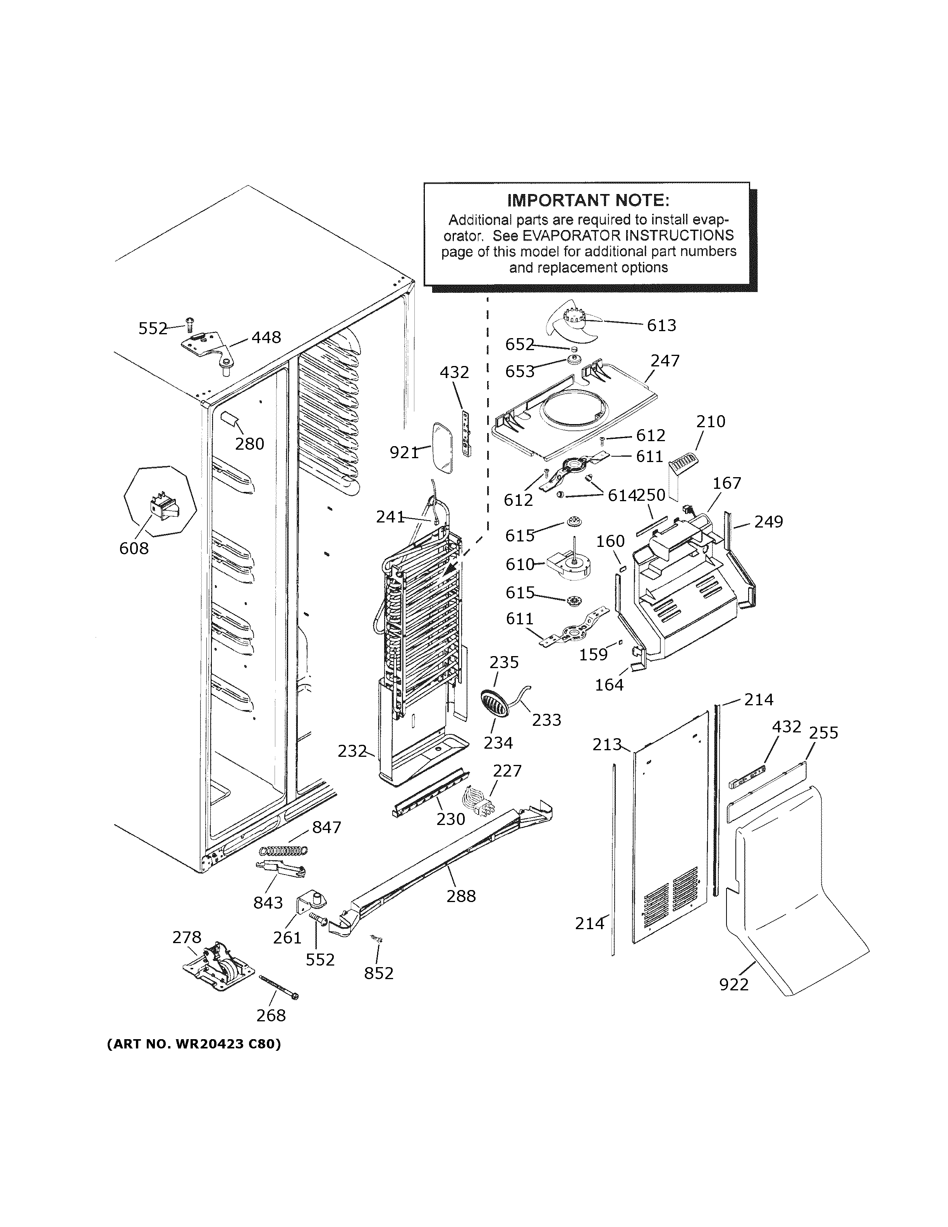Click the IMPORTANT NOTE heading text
pyautogui.click(x=588, y=201)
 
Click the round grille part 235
pyautogui.click(x=495, y=702)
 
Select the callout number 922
pyautogui.click(x=733, y=984)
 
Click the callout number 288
pyautogui.click(x=461, y=896)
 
